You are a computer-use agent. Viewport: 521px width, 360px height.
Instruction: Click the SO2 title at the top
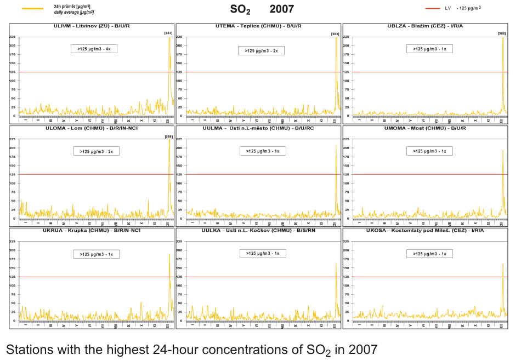tap(240, 9)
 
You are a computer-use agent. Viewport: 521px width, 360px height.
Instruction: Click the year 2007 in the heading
tap(281, 9)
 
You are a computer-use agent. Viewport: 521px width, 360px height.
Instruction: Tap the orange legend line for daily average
tap(32, 8)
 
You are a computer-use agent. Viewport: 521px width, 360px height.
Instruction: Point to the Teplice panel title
tap(258, 26)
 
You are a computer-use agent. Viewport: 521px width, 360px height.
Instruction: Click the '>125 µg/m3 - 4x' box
tap(94, 49)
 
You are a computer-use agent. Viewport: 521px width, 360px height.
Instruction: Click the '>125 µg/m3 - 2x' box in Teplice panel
tap(261, 50)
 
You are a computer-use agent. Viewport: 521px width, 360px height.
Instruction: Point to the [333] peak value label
tap(168, 34)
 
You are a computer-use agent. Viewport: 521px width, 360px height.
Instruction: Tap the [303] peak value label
tap(335, 34)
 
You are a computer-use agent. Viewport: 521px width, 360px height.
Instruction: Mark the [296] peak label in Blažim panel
tap(502, 34)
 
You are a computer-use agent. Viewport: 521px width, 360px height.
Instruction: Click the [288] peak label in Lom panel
tap(168, 136)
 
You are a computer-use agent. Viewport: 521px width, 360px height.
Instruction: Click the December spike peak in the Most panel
tap(502, 151)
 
